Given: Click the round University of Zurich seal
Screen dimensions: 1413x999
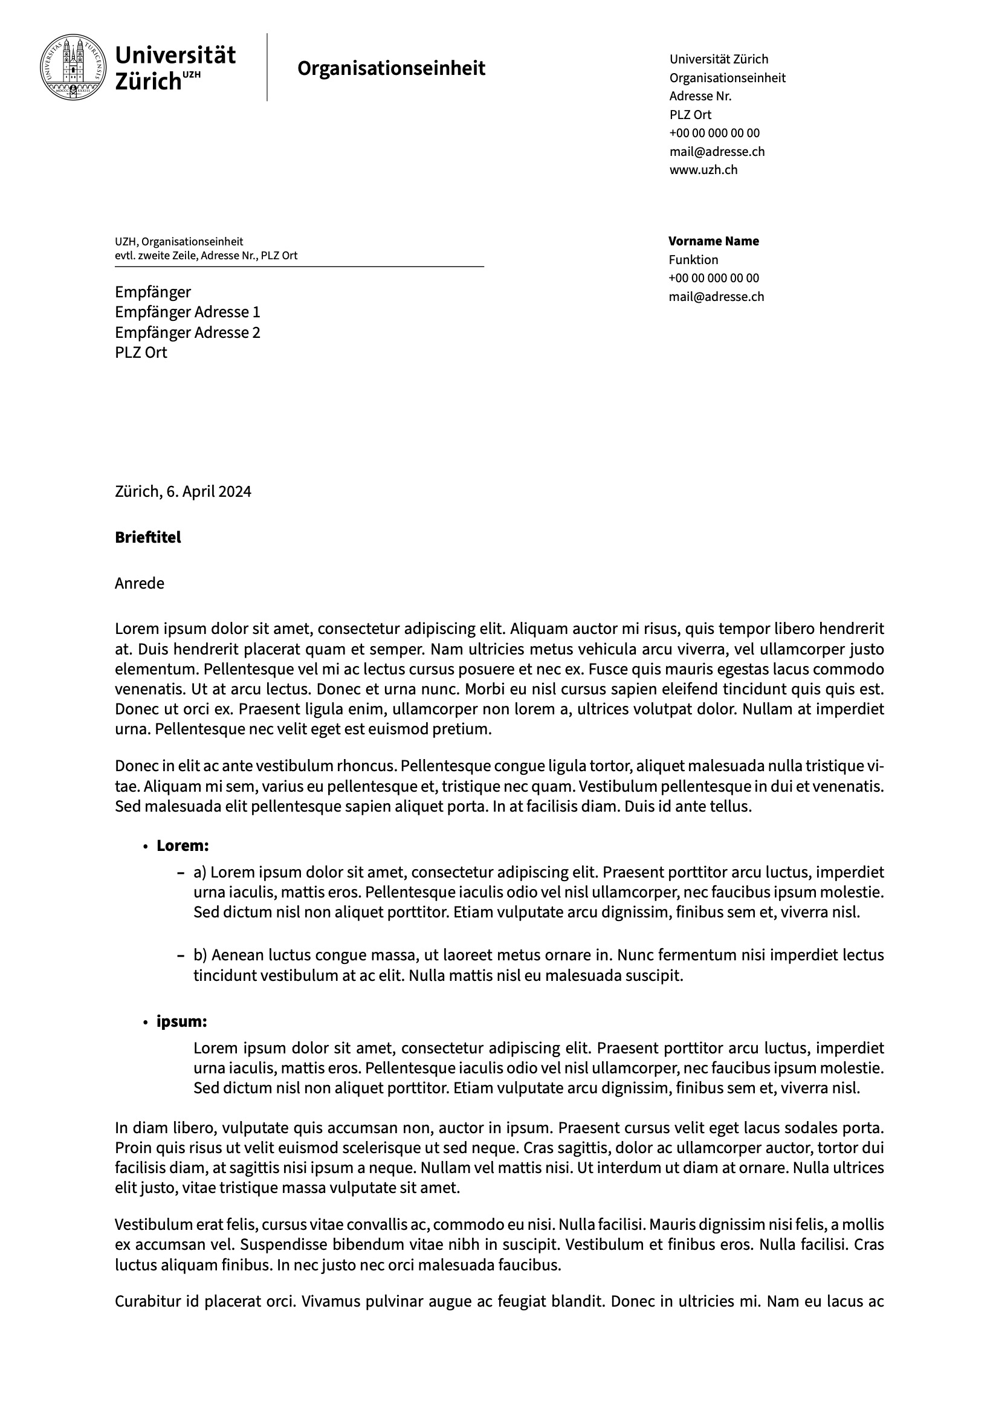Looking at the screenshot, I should [73, 67].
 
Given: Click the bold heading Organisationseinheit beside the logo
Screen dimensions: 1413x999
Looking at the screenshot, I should [391, 68].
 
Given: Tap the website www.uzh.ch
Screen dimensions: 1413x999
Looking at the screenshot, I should [703, 170].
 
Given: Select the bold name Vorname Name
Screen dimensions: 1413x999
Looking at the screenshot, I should [713, 241].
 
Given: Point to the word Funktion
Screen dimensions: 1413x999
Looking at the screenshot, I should [693, 260].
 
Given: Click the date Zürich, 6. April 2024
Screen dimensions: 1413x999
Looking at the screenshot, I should [183, 492].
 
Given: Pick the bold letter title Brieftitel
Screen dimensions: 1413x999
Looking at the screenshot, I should [147, 538].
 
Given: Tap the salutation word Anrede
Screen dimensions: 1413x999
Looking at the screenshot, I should [139, 583].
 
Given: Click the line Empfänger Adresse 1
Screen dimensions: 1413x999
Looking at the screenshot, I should [187, 312].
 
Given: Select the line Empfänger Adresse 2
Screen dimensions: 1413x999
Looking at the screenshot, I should [187, 333].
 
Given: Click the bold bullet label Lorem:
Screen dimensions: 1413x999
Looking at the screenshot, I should [182, 846].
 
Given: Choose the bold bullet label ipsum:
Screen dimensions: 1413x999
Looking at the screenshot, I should [181, 1021].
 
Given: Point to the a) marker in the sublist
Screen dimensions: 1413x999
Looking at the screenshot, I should [200, 873].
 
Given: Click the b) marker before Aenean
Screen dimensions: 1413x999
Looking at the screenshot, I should [201, 955].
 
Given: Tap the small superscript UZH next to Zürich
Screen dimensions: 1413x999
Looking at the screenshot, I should [192, 74].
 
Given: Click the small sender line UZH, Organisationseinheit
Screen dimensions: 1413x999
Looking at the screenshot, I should [178, 242].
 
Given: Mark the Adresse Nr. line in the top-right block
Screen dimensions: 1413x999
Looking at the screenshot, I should [700, 96].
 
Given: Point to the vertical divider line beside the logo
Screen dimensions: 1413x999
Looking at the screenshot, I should [267, 67].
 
